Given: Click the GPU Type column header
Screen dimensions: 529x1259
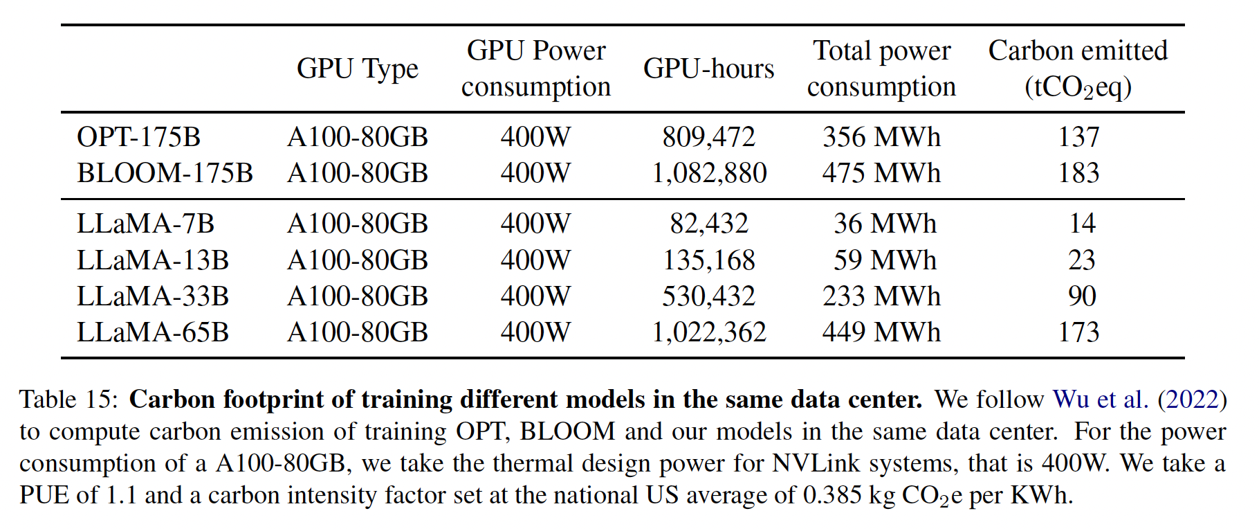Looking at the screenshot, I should [357, 69].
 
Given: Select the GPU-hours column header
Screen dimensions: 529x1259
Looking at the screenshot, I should [708, 69].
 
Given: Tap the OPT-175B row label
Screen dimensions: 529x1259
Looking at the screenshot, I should [138, 136].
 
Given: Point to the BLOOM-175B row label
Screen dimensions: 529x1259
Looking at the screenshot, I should [165, 172].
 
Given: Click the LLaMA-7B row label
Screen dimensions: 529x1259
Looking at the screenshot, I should [145, 224].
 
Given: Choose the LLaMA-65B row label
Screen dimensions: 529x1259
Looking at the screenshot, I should [152, 332].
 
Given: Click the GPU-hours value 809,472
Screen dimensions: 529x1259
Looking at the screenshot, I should [708, 136].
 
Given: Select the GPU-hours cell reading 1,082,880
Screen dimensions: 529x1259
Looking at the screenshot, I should [708, 172].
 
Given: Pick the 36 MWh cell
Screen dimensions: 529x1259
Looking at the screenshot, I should [884, 224].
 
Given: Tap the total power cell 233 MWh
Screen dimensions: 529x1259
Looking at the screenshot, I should [881, 296].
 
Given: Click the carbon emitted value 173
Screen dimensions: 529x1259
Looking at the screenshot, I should [1078, 332].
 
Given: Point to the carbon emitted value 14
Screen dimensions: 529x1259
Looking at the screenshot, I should [1081, 224].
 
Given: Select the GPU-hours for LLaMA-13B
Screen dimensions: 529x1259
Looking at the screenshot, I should [708, 260].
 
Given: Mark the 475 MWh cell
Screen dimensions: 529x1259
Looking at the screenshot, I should [881, 172].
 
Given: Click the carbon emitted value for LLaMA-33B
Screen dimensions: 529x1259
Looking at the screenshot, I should [1081, 296].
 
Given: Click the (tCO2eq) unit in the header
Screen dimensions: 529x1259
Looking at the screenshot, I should [1078, 87].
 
